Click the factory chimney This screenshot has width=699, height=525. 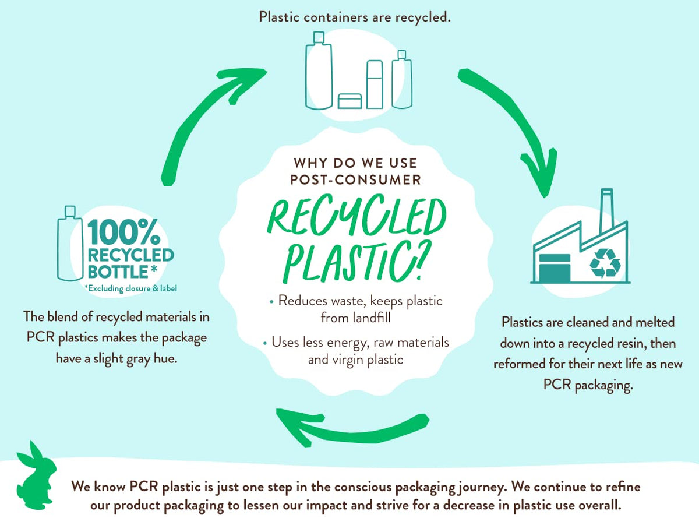click(x=606, y=207)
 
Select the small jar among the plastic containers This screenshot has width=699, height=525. click(x=349, y=101)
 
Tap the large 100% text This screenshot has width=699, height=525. click(x=124, y=232)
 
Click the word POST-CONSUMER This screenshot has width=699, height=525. click(x=355, y=179)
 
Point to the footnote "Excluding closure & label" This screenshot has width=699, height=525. click(x=131, y=288)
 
